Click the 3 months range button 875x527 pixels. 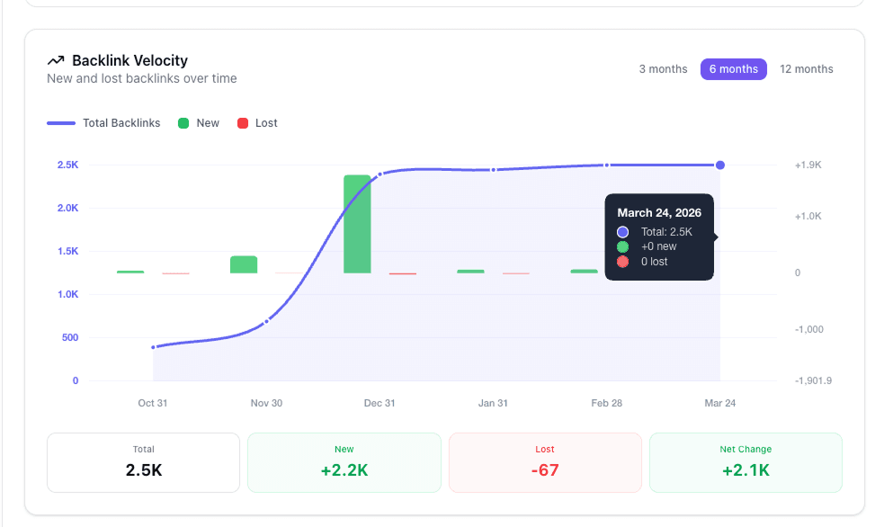point(663,69)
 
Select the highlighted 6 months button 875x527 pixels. point(733,69)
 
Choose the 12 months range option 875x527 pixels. point(806,69)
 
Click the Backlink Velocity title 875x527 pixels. point(129,60)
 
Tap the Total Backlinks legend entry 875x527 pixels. point(121,123)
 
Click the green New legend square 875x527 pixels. point(183,123)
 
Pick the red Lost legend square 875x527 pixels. point(242,123)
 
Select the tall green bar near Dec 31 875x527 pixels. point(357,224)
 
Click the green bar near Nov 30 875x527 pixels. point(244,264)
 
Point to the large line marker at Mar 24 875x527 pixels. point(720,165)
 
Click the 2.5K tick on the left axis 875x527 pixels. point(67,165)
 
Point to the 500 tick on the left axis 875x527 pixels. point(69,338)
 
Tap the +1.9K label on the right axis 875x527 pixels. point(808,165)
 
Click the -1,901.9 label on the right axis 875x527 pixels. point(813,380)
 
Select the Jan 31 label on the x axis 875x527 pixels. point(493,403)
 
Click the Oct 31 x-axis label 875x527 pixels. point(153,403)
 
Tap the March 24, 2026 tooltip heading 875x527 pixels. point(659,213)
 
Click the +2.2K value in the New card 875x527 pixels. point(344,469)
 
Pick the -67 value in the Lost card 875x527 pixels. point(545,469)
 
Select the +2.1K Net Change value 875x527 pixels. point(746,469)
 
